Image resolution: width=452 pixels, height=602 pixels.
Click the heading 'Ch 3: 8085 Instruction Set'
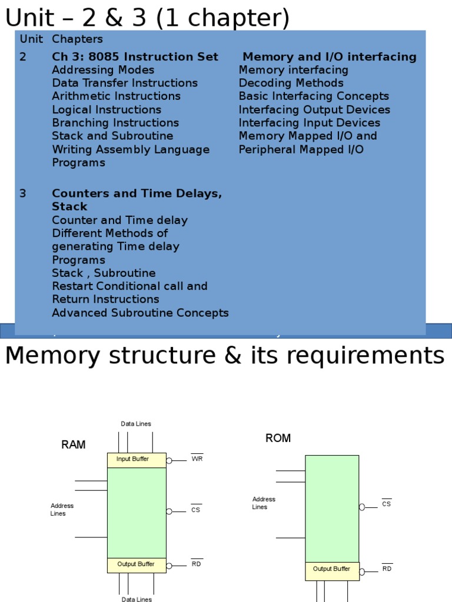[135, 57]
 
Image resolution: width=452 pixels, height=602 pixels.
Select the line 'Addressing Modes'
[103, 70]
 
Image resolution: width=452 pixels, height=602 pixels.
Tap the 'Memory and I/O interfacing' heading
[330, 57]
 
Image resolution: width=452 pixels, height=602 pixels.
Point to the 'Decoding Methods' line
[291, 83]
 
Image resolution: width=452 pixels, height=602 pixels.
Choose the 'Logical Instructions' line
[106, 109]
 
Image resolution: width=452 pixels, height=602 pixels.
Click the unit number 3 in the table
[23, 193]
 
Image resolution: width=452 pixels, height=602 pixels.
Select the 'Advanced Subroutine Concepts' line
[140, 313]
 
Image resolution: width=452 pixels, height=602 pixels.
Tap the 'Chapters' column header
[77, 39]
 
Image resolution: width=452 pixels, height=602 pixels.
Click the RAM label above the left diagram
[74, 445]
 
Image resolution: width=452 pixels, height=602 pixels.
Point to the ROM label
[278, 439]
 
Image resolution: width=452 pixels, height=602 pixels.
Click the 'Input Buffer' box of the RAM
[137, 460]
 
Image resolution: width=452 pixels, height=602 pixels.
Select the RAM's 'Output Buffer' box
[137, 565]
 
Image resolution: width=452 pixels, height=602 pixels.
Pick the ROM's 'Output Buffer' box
[332, 570]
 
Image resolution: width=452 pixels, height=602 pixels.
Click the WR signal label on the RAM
[197, 459]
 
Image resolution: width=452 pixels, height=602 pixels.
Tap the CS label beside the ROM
[386, 504]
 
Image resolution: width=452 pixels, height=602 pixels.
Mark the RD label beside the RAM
[197, 564]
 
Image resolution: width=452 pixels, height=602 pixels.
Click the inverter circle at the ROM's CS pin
[362, 507]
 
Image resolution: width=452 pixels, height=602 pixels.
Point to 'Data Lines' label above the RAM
[136, 424]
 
